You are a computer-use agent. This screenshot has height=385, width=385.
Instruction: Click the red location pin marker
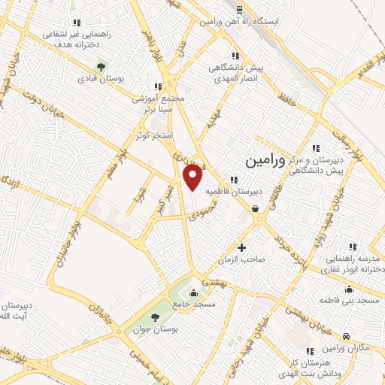click(193, 177)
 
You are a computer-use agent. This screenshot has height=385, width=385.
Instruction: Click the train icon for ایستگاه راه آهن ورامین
click(238, 10)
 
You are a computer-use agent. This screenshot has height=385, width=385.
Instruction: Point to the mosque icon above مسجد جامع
click(195, 293)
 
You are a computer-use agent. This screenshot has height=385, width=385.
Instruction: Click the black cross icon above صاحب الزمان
click(241, 247)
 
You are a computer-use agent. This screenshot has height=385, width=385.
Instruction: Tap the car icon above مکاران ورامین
click(345, 337)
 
